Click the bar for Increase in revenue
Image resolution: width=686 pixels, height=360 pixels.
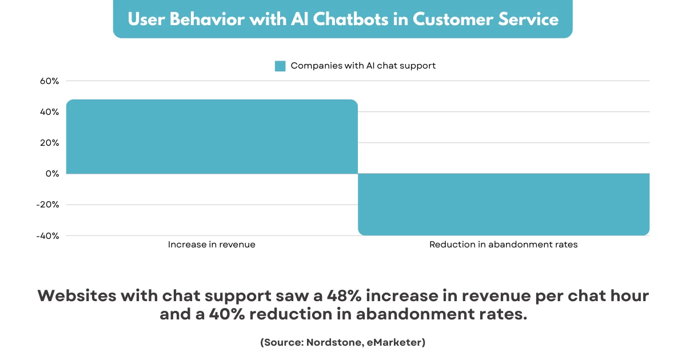tap(212, 137)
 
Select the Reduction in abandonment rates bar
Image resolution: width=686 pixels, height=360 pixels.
tap(504, 205)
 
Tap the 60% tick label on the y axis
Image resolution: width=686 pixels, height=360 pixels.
tap(49, 81)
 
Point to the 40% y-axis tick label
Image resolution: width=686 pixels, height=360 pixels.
tap(49, 112)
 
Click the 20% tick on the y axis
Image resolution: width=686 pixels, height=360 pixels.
tap(49, 143)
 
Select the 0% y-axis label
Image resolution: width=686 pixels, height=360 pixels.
tap(52, 174)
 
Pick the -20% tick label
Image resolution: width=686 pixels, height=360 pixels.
tap(47, 205)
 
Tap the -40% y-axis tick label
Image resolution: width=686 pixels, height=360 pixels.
tap(47, 236)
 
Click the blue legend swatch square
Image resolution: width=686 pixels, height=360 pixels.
tap(280, 66)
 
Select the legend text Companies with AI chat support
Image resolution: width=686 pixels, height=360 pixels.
tap(363, 66)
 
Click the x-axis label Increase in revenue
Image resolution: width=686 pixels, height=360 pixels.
tap(212, 245)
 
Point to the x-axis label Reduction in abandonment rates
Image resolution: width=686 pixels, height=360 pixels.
tap(504, 245)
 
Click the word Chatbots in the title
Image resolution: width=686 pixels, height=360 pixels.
tap(350, 19)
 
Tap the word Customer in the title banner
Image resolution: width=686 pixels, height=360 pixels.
tap(453, 19)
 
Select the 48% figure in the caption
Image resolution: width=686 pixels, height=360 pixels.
tap(344, 296)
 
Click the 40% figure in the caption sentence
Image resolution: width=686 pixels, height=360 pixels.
tap(227, 314)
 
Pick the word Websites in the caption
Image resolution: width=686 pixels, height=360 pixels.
tap(77, 296)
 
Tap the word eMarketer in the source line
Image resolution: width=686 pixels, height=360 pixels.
tap(393, 342)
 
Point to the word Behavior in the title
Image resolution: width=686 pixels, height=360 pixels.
tap(207, 19)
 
